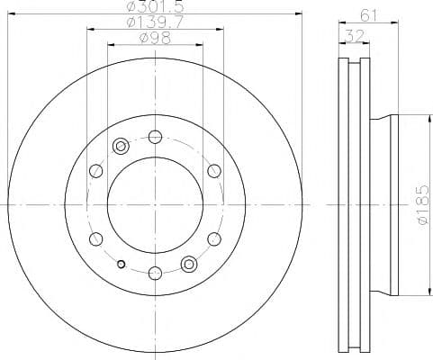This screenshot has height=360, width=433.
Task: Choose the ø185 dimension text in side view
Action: pos(420,206)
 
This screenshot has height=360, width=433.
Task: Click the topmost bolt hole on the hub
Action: pos(155,137)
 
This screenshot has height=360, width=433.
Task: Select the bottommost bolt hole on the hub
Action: pos(155,272)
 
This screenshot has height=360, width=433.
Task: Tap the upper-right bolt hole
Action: pos(213,171)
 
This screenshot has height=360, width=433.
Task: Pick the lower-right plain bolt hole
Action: pos(213,238)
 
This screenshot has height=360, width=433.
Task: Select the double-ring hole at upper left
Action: pos(122,147)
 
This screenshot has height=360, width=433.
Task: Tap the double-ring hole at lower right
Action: pos(189,263)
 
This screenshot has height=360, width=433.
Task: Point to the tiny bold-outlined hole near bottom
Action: pos(122,265)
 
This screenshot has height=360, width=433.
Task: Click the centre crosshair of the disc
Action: pos(155,204)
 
